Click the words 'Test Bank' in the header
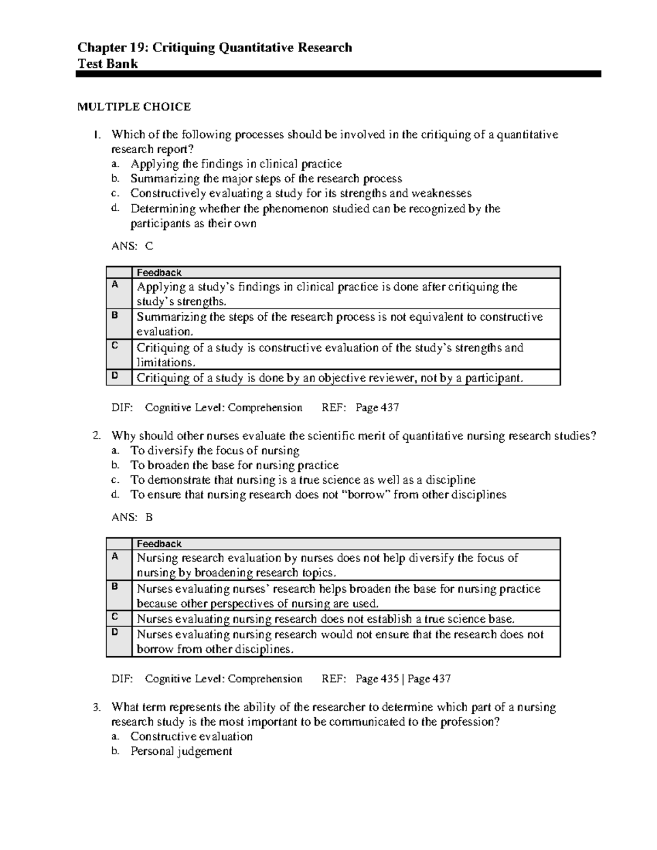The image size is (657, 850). pos(107,64)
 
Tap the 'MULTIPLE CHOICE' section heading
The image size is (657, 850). pos(134,107)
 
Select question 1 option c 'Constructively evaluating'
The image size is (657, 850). pos(300,193)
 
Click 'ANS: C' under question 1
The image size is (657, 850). pos(132,246)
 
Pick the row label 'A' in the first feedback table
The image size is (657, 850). pos(115,285)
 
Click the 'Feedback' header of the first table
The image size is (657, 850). pos(159,273)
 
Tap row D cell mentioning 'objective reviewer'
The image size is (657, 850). pos(330,378)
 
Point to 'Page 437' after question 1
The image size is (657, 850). pos(377,407)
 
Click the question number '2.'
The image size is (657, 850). pos(97,436)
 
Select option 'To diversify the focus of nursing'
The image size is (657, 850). pos(215,450)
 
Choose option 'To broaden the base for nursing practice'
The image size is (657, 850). pos(234,465)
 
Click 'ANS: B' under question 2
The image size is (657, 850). pos(132,517)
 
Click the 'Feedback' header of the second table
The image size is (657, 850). pos(159,543)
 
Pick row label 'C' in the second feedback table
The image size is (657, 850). pos(115,617)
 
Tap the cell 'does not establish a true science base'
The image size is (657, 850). pos(325,619)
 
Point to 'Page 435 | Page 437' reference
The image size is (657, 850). pos(402,679)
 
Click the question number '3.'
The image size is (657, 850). pos(97,708)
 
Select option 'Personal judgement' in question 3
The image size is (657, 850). pos(181,751)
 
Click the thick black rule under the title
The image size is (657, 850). pos(338,74)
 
